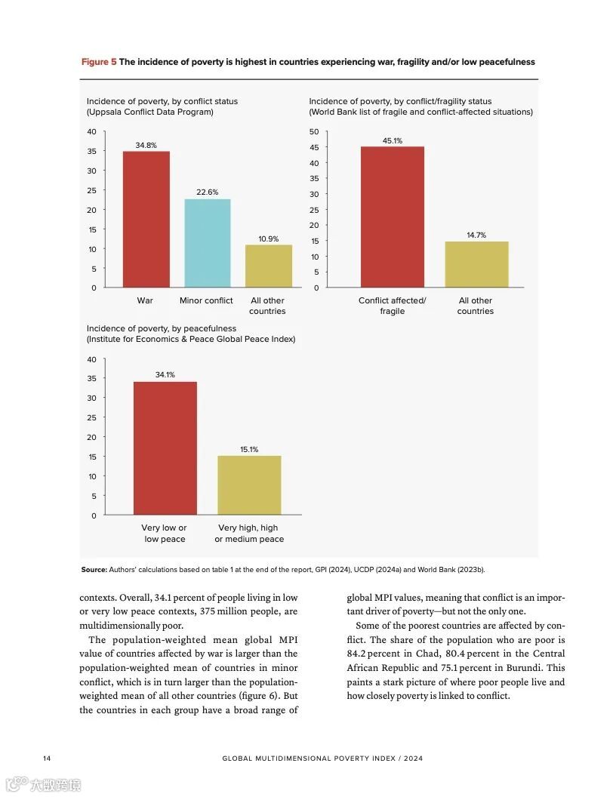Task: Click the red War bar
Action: point(146,219)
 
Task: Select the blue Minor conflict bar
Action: point(208,242)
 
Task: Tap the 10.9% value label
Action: point(268,238)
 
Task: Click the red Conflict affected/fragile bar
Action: point(392,217)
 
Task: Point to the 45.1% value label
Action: point(393,140)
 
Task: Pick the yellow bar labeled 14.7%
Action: point(476,264)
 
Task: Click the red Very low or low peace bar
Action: point(165,448)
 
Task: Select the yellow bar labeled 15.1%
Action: point(249,485)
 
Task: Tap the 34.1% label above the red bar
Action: point(165,374)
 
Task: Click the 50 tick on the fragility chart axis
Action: point(313,132)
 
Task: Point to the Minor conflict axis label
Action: point(206,300)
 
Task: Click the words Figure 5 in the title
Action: point(99,62)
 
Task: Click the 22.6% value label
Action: point(207,192)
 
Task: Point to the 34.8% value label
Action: point(146,145)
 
